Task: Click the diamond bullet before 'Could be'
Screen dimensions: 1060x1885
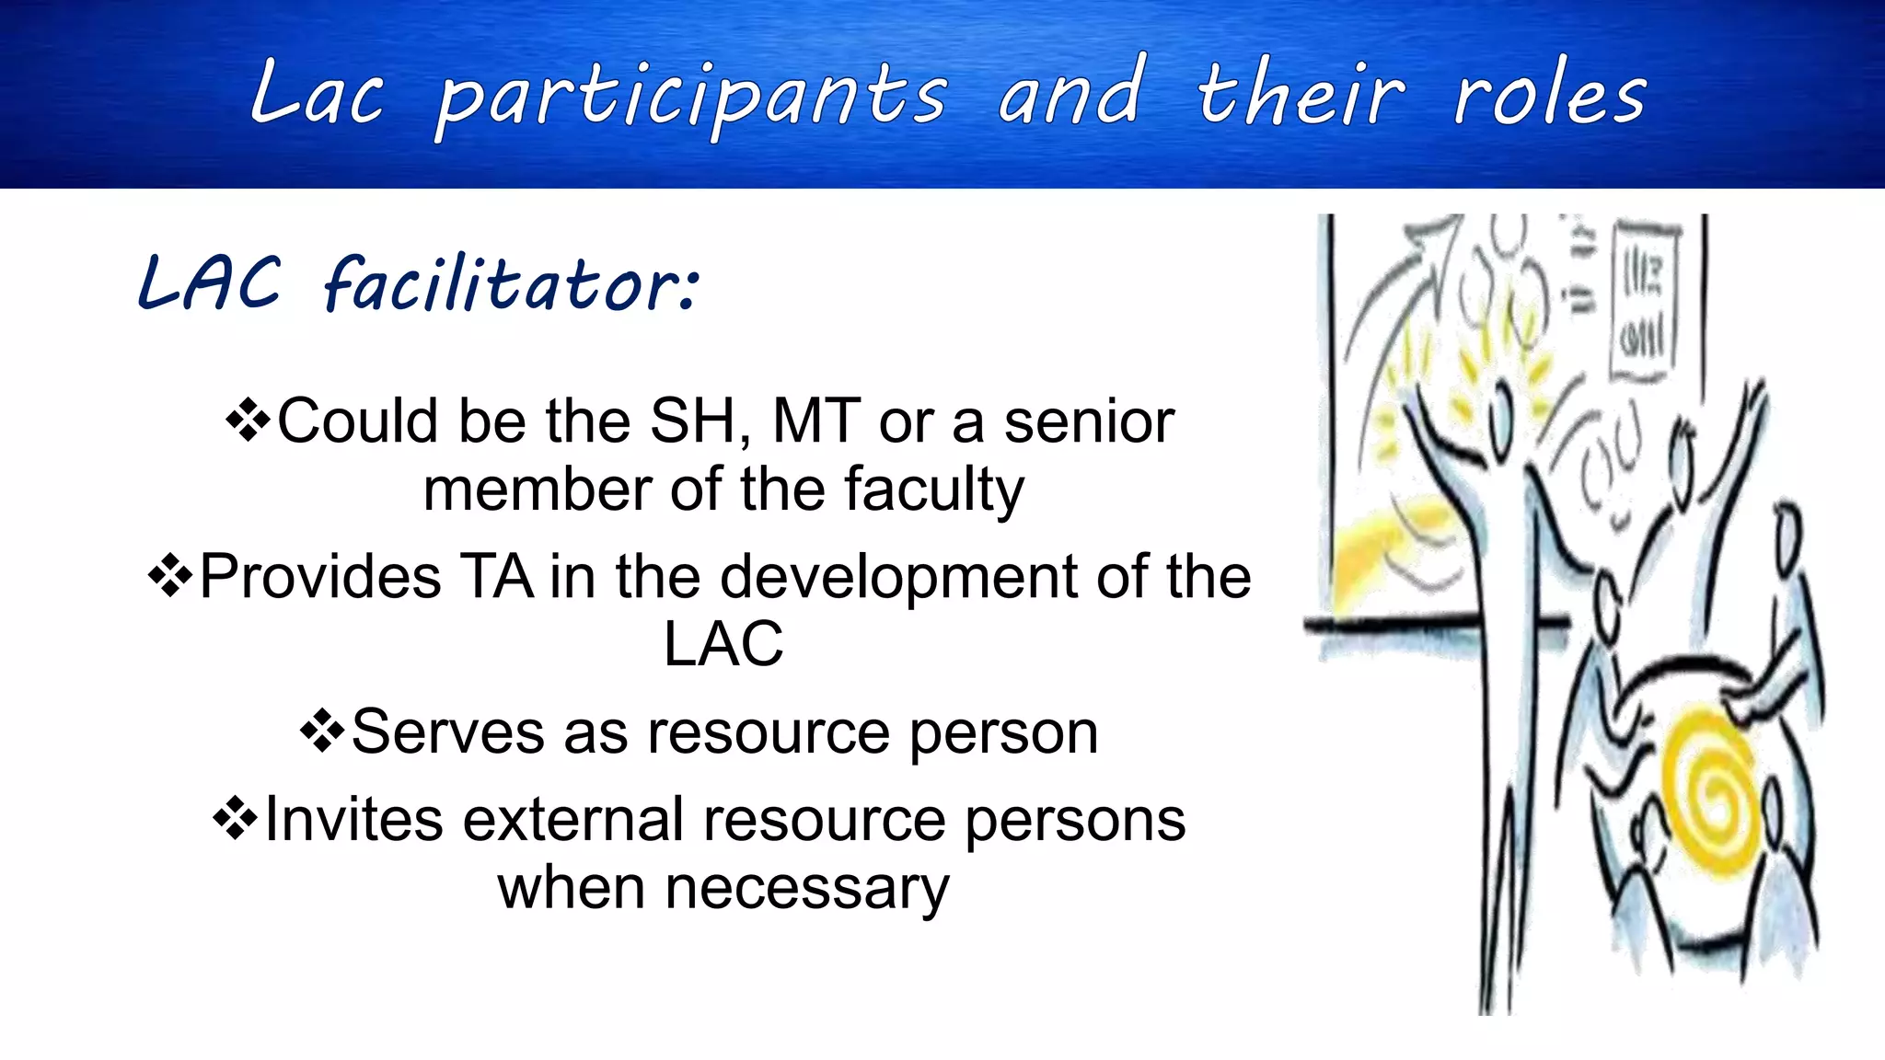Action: click(x=248, y=421)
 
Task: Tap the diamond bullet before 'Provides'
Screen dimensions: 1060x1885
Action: click(x=170, y=577)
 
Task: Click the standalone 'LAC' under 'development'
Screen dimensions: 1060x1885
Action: click(x=723, y=644)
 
